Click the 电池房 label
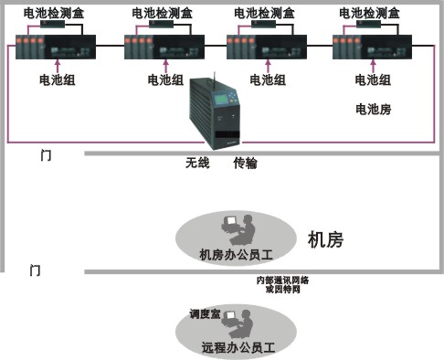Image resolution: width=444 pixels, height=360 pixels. click(x=373, y=109)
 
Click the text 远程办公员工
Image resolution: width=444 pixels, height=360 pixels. click(x=237, y=347)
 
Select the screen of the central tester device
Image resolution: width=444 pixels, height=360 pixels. click(x=223, y=101)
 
